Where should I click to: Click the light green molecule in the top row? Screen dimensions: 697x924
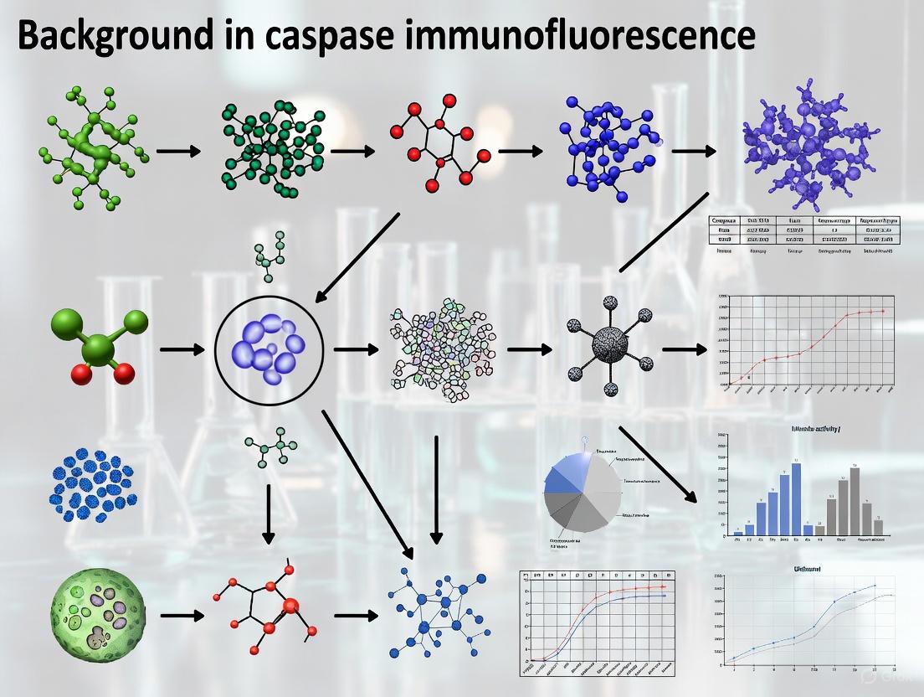(92, 151)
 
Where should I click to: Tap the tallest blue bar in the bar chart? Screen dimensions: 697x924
(796, 498)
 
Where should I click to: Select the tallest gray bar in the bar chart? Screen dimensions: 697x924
(854, 500)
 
